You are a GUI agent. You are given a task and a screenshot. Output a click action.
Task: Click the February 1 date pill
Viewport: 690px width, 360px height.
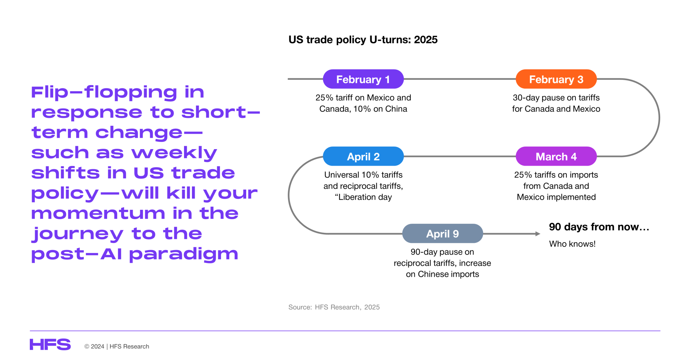click(x=363, y=79)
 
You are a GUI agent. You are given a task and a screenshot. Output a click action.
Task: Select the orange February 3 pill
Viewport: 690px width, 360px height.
click(x=556, y=79)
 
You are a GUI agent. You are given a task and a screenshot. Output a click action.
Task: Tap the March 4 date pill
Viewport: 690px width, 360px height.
click(x=556, y=156)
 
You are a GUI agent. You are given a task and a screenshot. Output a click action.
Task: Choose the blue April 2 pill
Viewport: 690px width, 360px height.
click(x=363, y=156)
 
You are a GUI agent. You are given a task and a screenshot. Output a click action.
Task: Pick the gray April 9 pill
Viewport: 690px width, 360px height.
click(x=442, y=234)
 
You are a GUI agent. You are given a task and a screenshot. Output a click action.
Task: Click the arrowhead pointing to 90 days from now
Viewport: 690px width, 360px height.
click(x=538, y=234)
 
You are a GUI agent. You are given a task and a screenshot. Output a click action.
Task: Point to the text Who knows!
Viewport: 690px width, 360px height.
click(x=572, y=244)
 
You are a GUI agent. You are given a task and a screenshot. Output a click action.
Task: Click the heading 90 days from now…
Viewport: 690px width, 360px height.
click(x=599, y=227)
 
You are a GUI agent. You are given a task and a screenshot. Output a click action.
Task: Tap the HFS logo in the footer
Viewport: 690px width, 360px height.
click(x=50, y=344)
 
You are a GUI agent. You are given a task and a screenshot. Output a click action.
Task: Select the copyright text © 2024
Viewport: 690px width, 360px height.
click(x=94, y=346)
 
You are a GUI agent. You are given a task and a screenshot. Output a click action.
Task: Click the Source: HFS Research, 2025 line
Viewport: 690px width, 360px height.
click(x=334, y=307)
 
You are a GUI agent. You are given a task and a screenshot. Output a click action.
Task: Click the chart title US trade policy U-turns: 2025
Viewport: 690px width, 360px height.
click(x=363, y=40)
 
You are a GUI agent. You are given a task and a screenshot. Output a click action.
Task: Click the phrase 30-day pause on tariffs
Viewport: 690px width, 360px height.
click(x=556, y=98)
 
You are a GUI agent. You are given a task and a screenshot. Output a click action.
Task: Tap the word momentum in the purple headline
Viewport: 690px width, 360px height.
click(x=98, y=213)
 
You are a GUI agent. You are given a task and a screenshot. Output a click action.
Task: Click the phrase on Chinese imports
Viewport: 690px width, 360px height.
click(x=442, y=274)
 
